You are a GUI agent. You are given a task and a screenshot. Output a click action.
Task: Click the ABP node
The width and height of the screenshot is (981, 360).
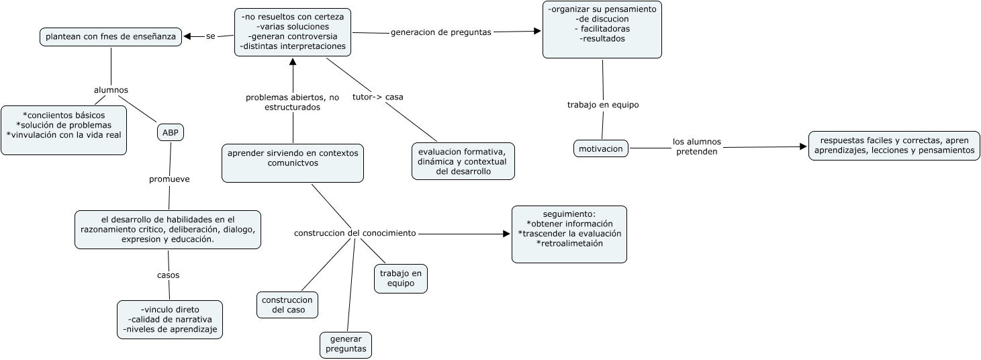coord(170,132)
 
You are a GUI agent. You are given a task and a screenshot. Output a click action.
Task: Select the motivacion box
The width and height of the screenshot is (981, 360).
coord(601,148)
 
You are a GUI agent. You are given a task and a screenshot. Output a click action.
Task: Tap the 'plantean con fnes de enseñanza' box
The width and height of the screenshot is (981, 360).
coord(111,36)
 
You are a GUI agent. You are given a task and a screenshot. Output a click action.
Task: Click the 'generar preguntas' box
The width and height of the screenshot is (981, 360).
coord(346,345)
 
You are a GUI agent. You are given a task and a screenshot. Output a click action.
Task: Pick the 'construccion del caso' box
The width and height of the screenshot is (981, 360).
coord(287,305)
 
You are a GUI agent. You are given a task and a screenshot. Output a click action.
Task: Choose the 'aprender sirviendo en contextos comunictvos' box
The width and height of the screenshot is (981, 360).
coord(293,163)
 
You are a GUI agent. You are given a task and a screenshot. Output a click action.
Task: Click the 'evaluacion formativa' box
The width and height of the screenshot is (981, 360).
coord(463,161)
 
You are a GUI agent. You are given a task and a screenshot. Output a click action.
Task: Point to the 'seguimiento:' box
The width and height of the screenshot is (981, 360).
coord(569,234)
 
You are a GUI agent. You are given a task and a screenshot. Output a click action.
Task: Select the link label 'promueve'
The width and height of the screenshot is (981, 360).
coord(169,179)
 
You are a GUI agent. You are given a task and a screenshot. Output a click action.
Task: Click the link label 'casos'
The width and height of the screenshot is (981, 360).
coord(168,275)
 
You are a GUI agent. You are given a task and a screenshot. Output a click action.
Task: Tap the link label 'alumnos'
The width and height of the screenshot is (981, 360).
coord(111,90)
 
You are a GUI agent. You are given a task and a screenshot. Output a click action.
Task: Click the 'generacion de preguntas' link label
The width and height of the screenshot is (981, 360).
coord(440,32)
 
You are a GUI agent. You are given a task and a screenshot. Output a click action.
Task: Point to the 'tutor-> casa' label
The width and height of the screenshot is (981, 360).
coord(377,97)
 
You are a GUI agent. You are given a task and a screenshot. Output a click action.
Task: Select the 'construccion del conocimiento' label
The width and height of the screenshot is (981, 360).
coord(355,233)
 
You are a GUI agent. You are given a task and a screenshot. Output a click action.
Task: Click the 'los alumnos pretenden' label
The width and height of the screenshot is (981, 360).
coord(696,146)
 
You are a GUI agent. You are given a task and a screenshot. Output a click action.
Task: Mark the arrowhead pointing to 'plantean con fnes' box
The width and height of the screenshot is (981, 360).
coord(188,36)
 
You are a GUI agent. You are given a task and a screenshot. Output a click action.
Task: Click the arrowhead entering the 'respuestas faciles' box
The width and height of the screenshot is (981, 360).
coord(803,146)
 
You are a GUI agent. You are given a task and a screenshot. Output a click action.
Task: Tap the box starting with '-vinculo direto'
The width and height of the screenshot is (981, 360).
coord(169,320)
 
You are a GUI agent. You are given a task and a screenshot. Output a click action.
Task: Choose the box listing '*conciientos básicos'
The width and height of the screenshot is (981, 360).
coord(64,130)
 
